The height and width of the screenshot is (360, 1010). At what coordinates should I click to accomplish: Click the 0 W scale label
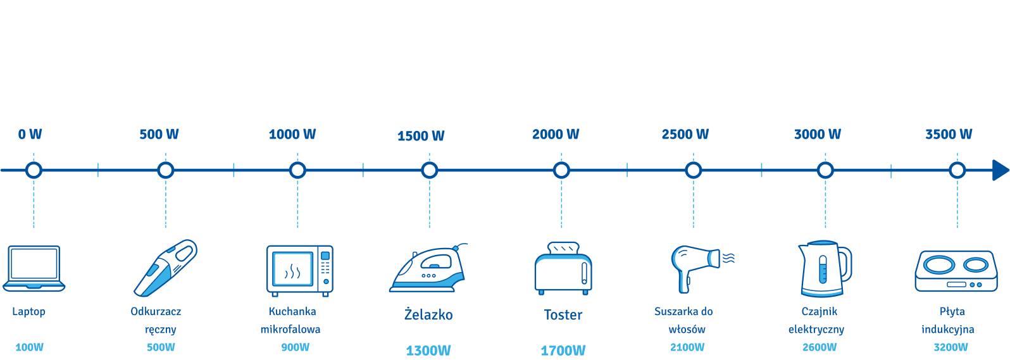(x=30, y=134)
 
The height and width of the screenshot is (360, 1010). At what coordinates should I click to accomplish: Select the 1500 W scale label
(x=421, y=135)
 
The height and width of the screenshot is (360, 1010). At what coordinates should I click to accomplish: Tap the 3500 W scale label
(x=949, y=134)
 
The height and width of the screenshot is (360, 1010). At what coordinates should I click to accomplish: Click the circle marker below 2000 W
(x=561, y=170)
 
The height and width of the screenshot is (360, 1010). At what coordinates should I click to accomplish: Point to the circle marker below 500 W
(x=165, y=170)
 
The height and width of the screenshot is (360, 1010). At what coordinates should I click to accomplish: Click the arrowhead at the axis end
(x=1001, y=170)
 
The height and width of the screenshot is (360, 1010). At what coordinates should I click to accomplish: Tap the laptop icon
(x=34, y=268)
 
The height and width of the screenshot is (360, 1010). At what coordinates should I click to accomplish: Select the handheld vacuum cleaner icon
(x=165, y=268)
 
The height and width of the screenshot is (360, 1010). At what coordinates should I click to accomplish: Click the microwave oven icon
(x=300, y=271)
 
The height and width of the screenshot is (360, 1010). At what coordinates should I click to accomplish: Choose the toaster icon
(x=563, y=268)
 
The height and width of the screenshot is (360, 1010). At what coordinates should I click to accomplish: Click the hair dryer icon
(x=702, y=269)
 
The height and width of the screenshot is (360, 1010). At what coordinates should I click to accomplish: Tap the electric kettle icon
(x=825, y=268)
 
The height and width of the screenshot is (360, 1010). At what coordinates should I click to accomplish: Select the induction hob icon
(x=956, y=271)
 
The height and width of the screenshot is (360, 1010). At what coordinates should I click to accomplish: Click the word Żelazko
(x=428, y=314)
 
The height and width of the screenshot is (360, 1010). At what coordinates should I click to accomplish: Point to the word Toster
(x=563, y=314)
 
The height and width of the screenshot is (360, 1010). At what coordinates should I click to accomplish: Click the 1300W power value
(x=428, y=351)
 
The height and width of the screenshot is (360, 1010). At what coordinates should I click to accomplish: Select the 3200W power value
(x=951, y=347)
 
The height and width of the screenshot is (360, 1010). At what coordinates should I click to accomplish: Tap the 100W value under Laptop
(x=29, y=347)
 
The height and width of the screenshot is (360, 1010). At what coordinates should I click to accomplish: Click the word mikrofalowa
(x=290, y=330)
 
